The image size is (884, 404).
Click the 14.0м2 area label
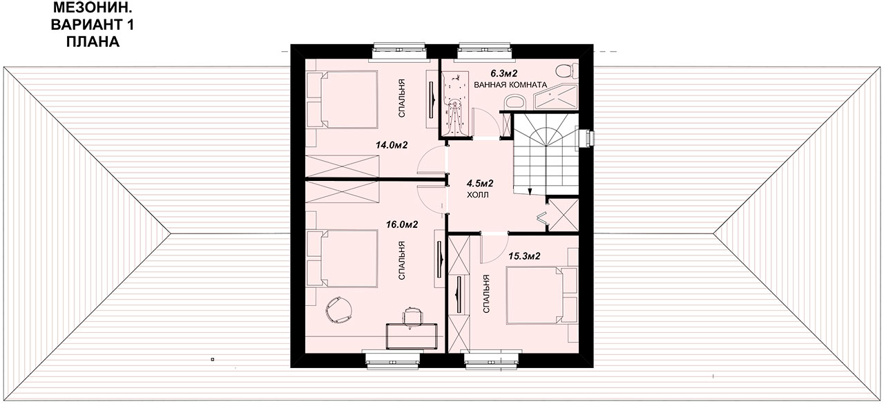392,145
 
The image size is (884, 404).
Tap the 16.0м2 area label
402,224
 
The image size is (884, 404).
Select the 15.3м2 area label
524,256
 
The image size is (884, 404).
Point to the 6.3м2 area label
504,73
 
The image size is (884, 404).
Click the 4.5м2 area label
480,184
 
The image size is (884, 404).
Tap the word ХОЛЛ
477,195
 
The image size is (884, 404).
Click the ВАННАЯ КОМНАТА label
510,85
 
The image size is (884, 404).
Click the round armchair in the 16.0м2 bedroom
339,309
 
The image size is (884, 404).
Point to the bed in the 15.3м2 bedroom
536,295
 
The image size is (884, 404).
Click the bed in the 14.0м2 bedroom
349,99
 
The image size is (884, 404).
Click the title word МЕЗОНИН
93,8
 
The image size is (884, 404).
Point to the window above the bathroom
485,52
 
